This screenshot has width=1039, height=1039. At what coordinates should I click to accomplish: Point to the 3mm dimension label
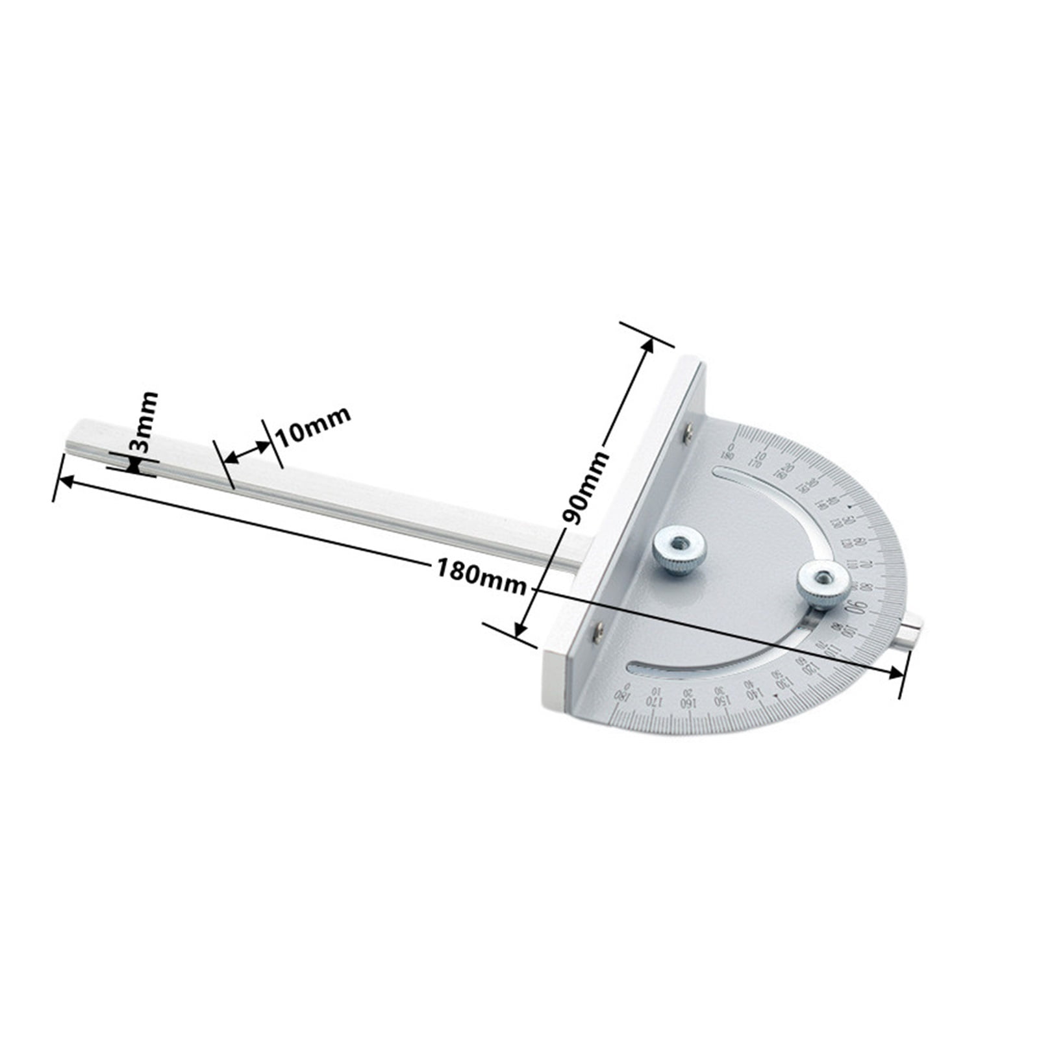(x=143, y=421)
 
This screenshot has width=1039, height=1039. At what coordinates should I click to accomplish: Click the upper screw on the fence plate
(x=688, y=434)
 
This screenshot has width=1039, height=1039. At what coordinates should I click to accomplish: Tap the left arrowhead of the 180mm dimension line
(x=66, y=481)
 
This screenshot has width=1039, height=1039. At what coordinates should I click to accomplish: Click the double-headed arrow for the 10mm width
(x=246, y=452)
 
